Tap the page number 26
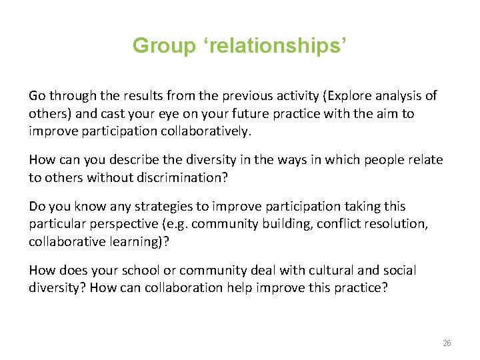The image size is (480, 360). pos(447,343)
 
